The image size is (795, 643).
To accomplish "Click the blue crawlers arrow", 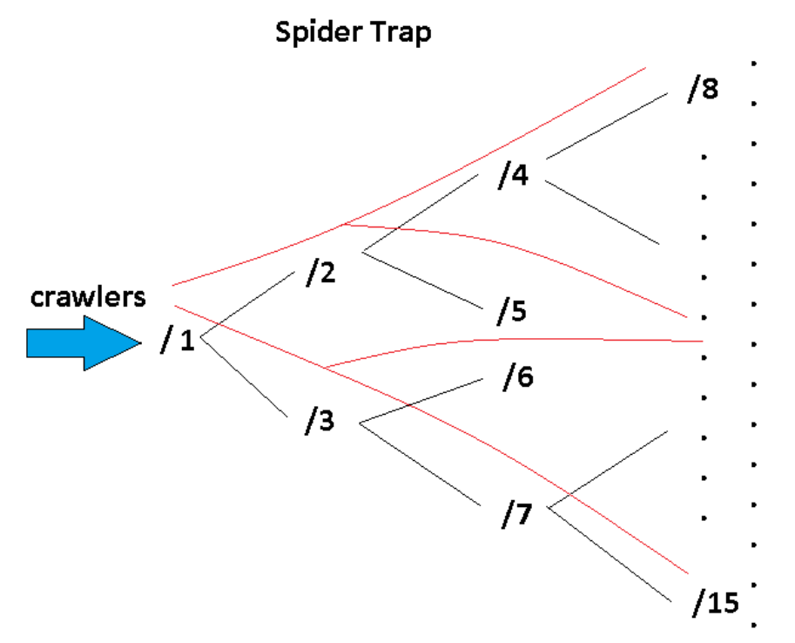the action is tap(84, 343).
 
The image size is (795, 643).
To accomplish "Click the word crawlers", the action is tap(88, 297).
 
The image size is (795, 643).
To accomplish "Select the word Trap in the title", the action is tap(401, 31).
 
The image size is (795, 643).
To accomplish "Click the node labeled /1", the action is tap(178, 340).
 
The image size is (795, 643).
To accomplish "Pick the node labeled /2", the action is tap(321, 272).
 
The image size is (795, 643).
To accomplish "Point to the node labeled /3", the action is tap(320, 420).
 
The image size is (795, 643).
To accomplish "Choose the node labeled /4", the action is tap(513, 174).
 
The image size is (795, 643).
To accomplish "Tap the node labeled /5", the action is tap(512, 310).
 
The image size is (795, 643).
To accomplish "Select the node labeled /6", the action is tap(518, 376).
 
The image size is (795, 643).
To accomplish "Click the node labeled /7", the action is tap(516, 513).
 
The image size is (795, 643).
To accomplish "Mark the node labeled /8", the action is tap(704, 88).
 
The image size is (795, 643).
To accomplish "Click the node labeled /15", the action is tap(716, 603).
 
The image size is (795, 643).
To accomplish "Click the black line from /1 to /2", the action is tap(248, 304).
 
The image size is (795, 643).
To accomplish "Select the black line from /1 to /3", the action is tap(245, 376).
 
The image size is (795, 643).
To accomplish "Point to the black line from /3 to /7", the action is tap(421, 464).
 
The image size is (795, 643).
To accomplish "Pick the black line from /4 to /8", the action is tap(607, 125).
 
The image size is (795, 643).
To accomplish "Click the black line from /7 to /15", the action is tap(610, 554).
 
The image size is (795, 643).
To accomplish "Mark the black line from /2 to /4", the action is tap(421, 213).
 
